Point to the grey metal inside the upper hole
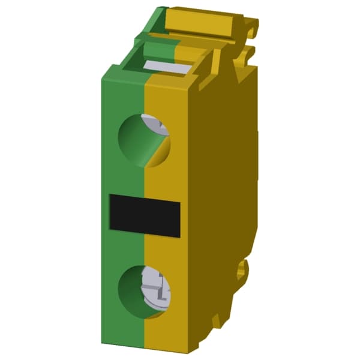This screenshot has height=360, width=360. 158,125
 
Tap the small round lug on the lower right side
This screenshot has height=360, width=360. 242,269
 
